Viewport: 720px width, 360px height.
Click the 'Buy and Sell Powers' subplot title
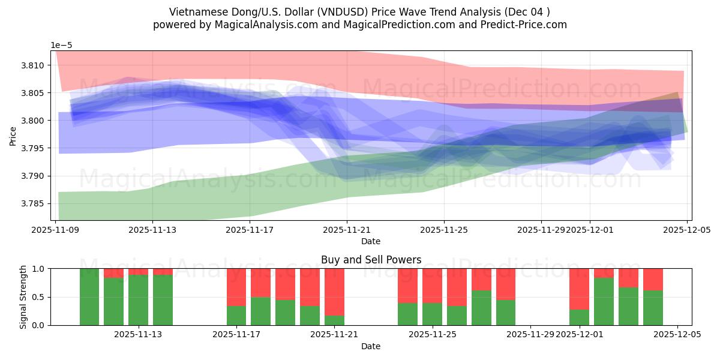(x=371, y=260)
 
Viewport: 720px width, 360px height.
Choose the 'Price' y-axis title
(x=13, y=136)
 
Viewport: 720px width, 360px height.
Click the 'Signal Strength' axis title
(x=23, y=297)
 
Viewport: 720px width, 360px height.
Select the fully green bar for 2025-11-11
(x=89, y=297)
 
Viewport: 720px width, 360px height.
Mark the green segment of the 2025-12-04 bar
(x=653, y=308)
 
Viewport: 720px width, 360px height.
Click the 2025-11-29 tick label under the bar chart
(x=530, y=335)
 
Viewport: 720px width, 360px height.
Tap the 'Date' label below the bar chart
(x=371, y=346)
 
